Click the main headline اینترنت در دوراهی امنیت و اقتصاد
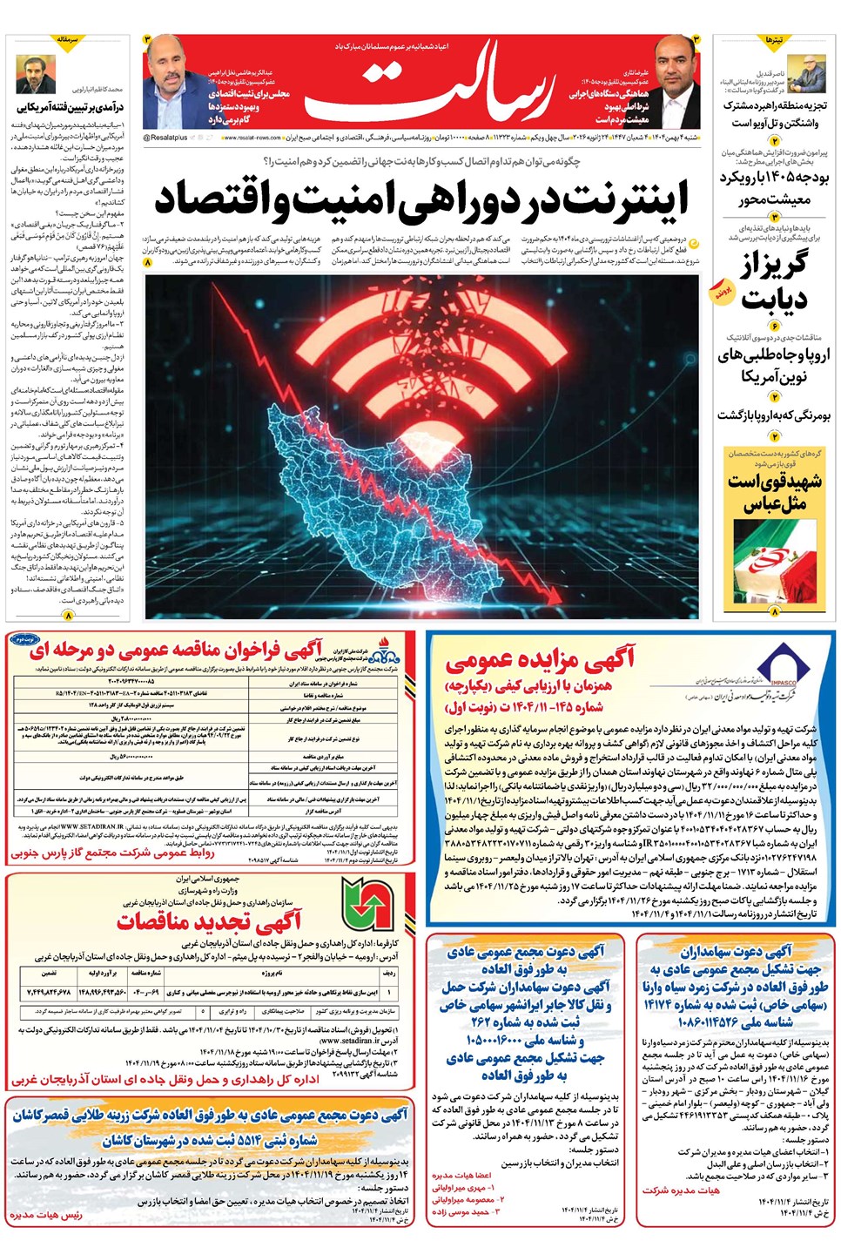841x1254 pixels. pos(421,199)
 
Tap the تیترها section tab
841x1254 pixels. pos(774,41)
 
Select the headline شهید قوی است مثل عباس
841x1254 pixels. pos(774,492)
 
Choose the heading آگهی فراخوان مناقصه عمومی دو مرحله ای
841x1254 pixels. pos(174,650)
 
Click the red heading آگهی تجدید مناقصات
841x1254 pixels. pos(209,920)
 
